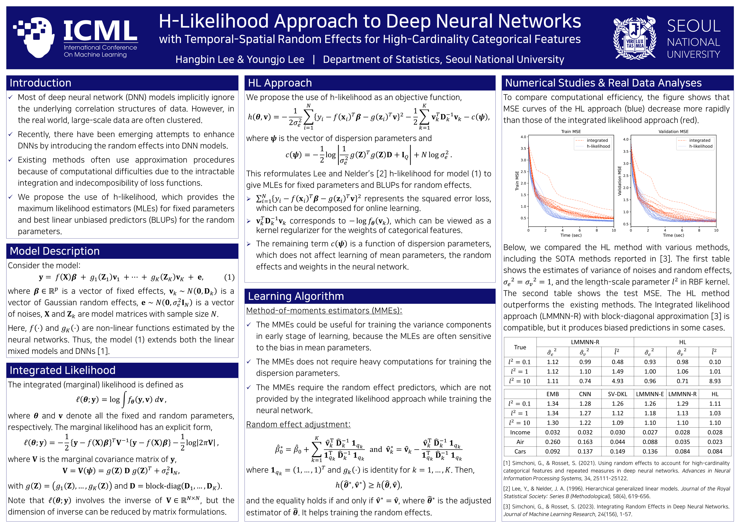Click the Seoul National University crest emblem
tap(635, 38)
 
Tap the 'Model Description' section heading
tap(55, 251)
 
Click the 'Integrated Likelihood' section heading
tap(62, 370)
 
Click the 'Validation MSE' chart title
tap(673, 131)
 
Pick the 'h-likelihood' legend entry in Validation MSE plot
tap(700, 146)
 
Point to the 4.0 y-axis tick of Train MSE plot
tap(523, 137)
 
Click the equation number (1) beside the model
tap(229, 277)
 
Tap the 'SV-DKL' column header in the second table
tap(617, 394)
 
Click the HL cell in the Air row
tap(715, 442)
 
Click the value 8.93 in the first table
tap(715, 381)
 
